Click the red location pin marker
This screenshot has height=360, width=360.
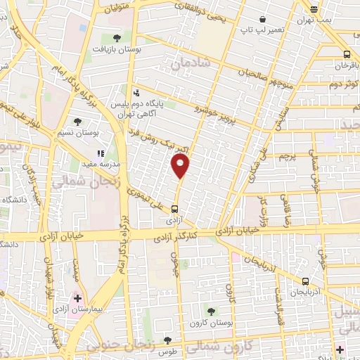[x=181, y=166]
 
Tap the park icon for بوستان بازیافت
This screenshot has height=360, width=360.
[x=117, y=38]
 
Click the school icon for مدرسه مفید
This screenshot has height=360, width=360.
[x=101, y=153]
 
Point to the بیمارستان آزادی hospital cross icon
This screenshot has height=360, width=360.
[x=78, y=298]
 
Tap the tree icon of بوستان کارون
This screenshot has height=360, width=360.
[x=211, y=311]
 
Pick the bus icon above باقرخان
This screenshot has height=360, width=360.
[x=346, y=54]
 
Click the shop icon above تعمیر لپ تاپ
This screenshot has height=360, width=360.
[x=262, y=19]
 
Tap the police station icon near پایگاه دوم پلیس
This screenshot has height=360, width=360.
[x=136, y=92]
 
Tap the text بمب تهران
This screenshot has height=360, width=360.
[x=325, y=20]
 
